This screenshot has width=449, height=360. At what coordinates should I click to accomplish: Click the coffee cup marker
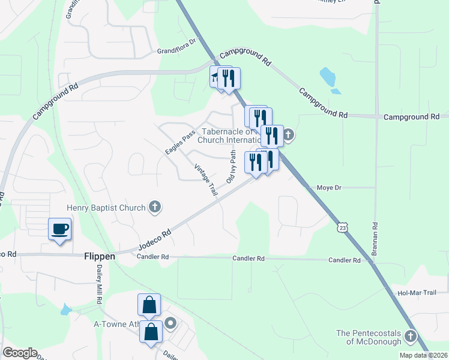click(59, 230)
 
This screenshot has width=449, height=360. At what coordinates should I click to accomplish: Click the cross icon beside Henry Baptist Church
click(155, 208)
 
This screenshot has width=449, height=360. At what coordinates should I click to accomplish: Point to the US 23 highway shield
click(342, 227)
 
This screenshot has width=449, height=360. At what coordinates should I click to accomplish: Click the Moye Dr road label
click(329, 188)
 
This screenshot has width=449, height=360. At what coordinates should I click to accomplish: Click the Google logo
click(20, 353)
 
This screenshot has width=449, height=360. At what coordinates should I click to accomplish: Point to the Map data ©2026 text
click(423, 355)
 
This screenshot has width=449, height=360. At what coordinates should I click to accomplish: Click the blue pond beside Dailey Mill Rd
click(65, 310)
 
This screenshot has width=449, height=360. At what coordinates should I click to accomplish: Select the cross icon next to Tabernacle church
click(289, 134)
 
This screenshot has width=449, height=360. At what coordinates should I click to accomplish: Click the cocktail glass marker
click(215, 76)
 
